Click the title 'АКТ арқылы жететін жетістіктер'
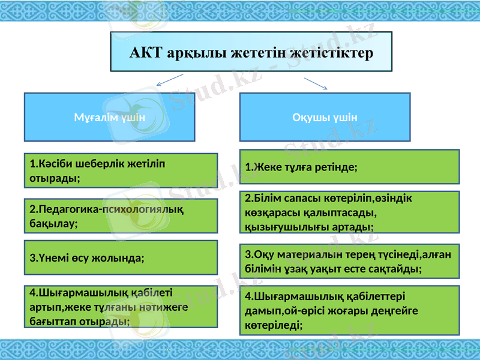251,52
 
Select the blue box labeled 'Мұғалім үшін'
109,117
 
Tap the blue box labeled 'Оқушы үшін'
325,117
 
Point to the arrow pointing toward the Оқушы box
316,83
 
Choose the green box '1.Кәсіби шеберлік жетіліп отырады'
120,170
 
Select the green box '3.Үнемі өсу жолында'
120,258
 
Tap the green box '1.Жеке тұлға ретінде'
349,167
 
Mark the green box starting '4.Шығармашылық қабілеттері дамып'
349,310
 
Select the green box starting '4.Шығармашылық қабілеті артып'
120,307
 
